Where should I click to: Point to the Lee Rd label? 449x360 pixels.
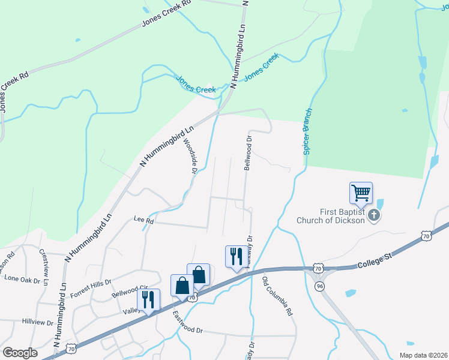point(144,221)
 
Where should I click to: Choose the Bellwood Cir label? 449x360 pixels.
point(130,292)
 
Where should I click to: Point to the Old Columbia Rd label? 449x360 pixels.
point(277,296)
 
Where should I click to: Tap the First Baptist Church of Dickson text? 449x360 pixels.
point(330,216)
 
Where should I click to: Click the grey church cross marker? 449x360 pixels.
point(375,215)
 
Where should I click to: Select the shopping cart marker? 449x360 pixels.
point(361,194)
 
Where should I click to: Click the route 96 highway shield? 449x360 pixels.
point(318,287)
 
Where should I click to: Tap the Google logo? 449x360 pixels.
point(20,352)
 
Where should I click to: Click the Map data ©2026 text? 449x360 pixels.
point(423,355)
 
